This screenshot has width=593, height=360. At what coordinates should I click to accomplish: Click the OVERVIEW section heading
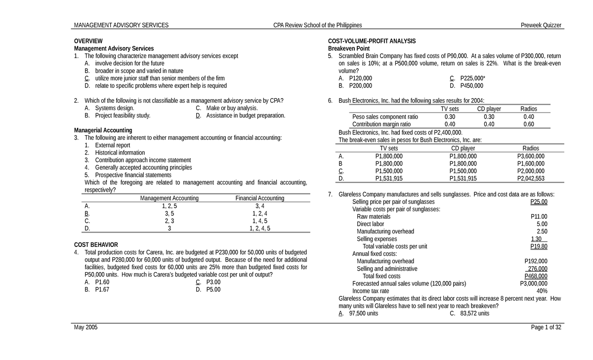tap(88, 41)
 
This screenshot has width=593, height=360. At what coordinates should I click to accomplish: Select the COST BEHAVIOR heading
tap(96, 244)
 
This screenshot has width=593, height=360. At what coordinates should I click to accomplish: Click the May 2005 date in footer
tap(85, 328)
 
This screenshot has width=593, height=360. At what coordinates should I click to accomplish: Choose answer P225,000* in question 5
tap(472, 79)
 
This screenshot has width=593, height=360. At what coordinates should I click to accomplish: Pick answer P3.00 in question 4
tap(213, 282)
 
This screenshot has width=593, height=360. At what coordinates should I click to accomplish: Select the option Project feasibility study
tap(123, 116)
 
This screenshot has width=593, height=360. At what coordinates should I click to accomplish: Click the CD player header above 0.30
tap(489, 109)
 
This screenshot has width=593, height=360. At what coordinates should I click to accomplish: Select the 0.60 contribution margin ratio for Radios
tap(528, 124)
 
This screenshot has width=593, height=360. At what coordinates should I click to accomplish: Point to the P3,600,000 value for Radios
tap(531, 156)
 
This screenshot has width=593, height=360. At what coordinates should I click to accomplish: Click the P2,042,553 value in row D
tap(531, 179)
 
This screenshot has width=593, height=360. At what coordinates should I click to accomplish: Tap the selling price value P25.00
tap(539, 202)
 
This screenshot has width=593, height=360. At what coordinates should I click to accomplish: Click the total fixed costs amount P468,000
tap(536, 276)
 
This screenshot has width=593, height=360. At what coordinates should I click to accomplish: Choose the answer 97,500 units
tap(363, 314)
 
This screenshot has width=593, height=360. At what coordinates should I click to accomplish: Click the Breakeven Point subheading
tap(349, 48)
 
